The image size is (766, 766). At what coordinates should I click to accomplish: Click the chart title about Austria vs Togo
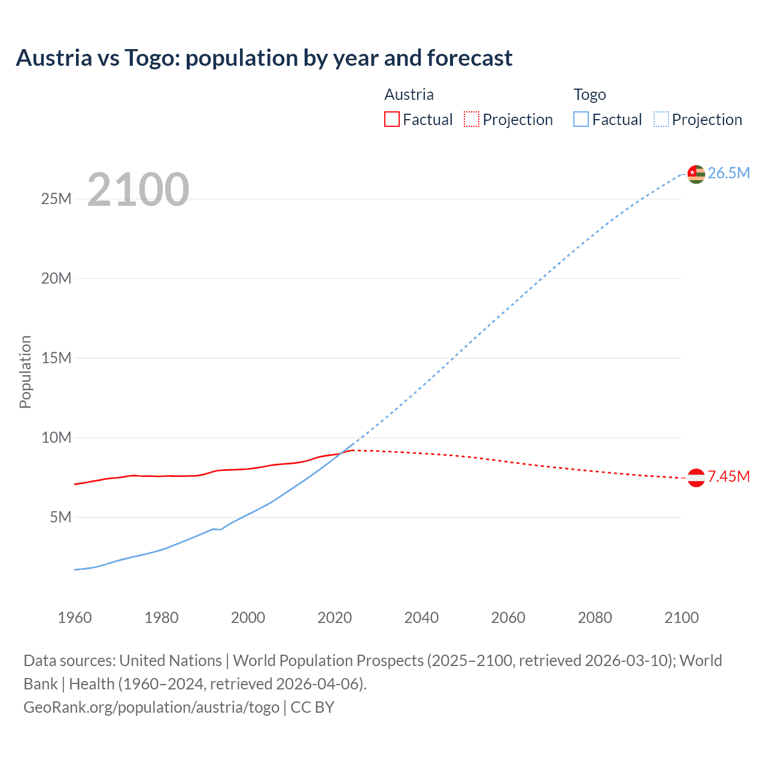point(264,58)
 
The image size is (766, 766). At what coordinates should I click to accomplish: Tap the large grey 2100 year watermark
point(138,190)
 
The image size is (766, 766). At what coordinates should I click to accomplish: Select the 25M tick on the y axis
point(56,199)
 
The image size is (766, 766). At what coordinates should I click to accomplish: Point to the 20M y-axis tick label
point(56,278)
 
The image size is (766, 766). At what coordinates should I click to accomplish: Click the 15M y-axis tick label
point(56,358)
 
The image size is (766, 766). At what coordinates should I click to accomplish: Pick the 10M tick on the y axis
point(56,437)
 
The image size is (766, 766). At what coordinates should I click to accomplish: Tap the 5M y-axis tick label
point(60,517)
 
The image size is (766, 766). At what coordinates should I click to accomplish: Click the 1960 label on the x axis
point(75,618)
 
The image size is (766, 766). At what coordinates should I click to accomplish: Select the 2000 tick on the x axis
point(248,618)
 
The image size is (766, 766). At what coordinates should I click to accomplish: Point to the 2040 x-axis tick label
point(421,618)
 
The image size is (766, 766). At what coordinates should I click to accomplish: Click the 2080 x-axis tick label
point(595,618)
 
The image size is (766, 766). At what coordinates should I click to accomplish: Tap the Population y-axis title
point(25,372)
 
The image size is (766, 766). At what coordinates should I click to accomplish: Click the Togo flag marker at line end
point(696,174)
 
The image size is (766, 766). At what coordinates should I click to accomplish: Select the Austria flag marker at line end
point(696,478)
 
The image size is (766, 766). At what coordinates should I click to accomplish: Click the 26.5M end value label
point(728,173)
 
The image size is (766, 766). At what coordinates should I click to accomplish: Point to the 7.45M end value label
point(728,476)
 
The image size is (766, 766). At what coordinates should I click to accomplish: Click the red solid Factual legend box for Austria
point(392,119)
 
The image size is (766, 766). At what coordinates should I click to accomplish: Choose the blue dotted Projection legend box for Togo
point(661,119)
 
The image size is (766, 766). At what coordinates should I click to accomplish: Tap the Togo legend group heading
point(589,95)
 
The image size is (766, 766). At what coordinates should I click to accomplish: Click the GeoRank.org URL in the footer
point(151,707)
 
